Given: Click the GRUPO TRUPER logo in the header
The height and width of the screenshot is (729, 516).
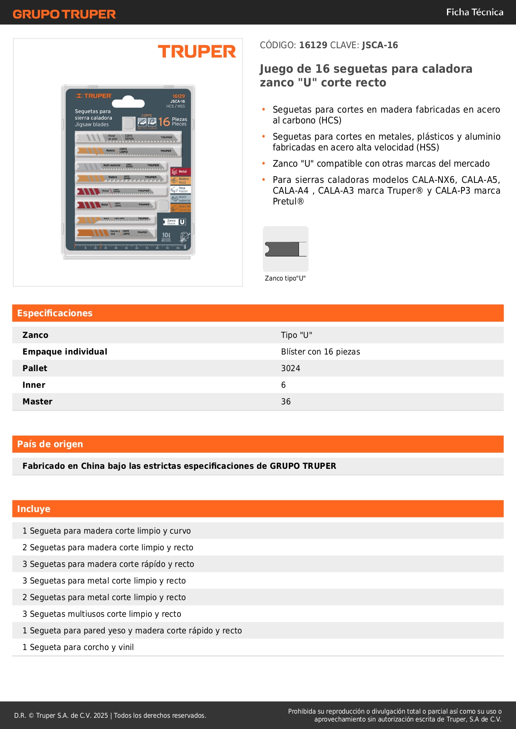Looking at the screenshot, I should (64, 14).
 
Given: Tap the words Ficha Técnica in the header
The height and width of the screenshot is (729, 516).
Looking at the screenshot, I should (474, 12).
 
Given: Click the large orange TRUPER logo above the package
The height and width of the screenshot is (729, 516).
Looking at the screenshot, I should (197, 52).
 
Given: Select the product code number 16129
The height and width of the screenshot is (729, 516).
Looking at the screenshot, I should (313, 45).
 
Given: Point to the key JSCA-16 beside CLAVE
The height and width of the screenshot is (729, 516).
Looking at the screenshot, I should (380, 45).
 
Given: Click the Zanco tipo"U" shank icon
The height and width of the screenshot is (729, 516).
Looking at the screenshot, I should (286, 249).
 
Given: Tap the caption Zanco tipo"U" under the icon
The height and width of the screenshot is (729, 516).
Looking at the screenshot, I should (285, 278).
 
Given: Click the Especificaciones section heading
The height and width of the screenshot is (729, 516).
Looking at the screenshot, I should (55, 313).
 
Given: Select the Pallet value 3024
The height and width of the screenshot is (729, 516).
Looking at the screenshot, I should (291, 368).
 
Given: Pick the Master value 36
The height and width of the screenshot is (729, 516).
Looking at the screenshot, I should (286, 401).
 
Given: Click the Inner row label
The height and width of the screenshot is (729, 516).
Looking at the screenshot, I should (34, 385).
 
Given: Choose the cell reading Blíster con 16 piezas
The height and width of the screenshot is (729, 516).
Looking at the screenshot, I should (321, 352).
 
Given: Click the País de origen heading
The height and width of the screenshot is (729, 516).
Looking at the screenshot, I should (50, 444).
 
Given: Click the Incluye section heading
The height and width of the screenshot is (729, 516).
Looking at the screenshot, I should (34, 509).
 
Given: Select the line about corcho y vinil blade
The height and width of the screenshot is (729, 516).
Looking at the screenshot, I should (78, 647).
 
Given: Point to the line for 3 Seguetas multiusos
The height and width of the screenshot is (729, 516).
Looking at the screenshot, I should (102, 614).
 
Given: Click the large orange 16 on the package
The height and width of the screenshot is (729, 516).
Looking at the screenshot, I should (164, 122).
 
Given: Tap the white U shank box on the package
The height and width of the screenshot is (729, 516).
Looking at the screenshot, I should (182, 222).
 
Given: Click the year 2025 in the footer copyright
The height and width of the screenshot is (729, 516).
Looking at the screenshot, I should (101, 715).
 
